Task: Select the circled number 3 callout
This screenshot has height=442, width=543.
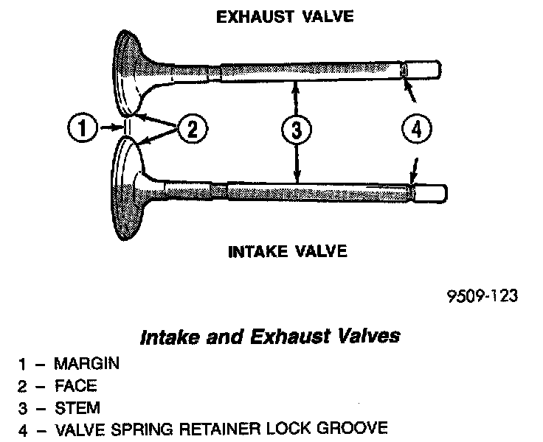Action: [x=295, y=130]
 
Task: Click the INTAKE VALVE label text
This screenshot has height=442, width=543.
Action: [x=288, y=252]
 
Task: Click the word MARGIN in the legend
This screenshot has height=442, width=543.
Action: [x=86, y=364]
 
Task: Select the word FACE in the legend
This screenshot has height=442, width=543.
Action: [x=76, y=385]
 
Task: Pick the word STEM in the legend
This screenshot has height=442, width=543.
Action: [x=77, y=407]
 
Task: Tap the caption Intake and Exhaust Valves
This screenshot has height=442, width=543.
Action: [x=270, y=337]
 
